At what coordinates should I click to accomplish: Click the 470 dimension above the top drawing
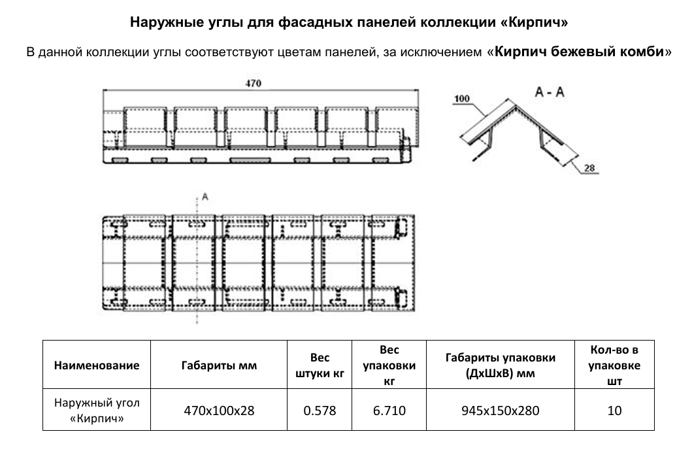[253, 83]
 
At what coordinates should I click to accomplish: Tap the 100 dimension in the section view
[461, 99]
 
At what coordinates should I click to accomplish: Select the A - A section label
[550, 93]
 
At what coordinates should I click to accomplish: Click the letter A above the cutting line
[205, 196]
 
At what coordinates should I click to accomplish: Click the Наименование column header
[97, 365]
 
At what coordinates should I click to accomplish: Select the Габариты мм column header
[219, 365]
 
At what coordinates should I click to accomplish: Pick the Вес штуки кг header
[320, 365]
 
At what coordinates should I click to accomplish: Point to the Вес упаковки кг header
[389, 365]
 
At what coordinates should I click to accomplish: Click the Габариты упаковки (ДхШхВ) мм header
[500, 365]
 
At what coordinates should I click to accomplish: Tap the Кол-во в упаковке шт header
[614, 365]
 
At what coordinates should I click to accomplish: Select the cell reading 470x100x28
[219, 411]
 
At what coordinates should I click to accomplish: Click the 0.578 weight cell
[320, 411]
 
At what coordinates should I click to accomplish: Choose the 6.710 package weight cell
[389, 411]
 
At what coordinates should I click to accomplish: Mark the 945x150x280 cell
[500, 411]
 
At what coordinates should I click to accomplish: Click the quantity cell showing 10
[614, 411]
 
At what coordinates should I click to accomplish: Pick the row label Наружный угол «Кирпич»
[97, 411]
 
